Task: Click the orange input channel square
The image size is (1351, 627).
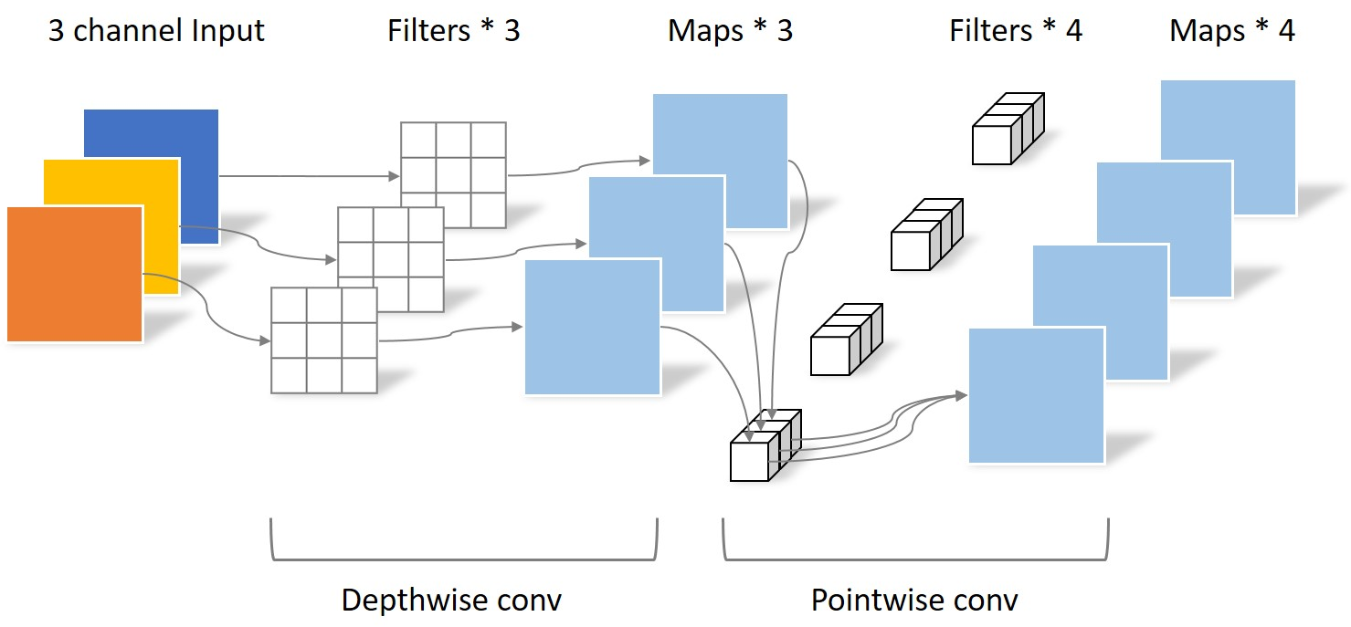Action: pyautogui.click(x=74, y=274)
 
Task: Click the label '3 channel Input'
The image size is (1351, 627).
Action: pyautogui.click(x=156, y=31)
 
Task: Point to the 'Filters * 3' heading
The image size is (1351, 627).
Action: pyautogui.click(x=453, y=31)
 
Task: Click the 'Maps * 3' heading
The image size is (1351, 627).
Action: pyautogui.click(x=730, y=31)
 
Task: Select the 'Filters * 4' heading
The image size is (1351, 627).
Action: pyautogui.click(x=1015, y=31)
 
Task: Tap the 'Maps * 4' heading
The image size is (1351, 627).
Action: pyautogui.click(x=1231, y=31)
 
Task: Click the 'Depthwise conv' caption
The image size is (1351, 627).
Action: pyautogui.click(x=451, y=601)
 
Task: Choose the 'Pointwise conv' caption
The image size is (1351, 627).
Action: pyautogui.click(x=914, y=601)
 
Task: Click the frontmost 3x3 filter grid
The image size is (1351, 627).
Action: pyautogui.click(x=324, y=340)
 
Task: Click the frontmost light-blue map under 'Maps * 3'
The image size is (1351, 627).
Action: pyautogui.click(x=592, y=327)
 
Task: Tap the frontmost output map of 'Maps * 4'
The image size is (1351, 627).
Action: pyautogui.click(x=1036, y=395)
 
